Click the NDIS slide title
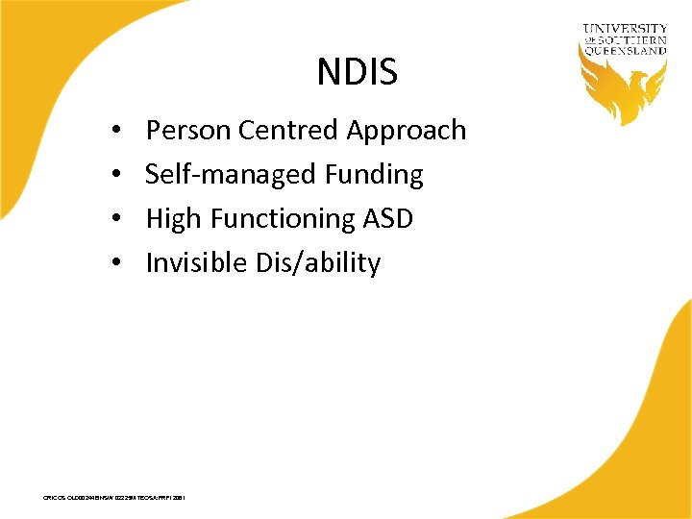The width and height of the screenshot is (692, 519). (357, 71)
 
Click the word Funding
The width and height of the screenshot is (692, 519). (373, 175)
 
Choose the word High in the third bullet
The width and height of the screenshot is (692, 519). (173, 219)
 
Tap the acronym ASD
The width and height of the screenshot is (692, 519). (388, 219)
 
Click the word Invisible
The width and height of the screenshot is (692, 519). (195, 263)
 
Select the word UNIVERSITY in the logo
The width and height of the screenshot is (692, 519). (625, 29)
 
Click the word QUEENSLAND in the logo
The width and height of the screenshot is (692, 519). (625, 51)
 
